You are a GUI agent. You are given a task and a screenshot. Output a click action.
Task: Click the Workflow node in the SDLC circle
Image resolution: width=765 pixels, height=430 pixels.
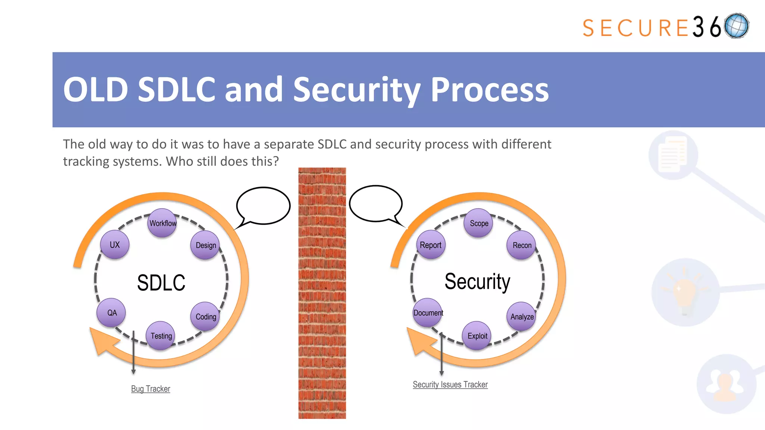pos(162,223)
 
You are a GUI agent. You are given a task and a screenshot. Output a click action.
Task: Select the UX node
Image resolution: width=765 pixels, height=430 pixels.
pos(115,245)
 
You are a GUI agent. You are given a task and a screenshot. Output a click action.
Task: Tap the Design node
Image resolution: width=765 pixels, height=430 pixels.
pos(205,245)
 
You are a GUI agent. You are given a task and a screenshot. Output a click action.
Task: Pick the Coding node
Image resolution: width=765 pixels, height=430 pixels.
pos(205,317)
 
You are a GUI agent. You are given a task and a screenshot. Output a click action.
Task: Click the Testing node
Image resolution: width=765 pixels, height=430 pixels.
pos(161,336)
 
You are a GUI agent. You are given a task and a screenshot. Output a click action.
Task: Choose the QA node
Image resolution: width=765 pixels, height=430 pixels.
pos(111,313)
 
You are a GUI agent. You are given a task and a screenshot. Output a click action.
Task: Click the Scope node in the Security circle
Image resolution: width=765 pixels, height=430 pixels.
pos(478,223)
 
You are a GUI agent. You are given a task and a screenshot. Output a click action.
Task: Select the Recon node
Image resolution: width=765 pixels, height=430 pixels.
pos(521,245)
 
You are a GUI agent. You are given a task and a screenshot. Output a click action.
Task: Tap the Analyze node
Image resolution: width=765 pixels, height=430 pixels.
pos(521,317)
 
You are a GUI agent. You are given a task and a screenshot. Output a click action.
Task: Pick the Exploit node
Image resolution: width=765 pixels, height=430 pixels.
pos(477,336)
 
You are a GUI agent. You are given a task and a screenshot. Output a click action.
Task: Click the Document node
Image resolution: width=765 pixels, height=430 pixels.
pos(428,313)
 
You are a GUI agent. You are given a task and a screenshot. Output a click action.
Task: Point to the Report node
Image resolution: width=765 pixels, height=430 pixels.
pos(431,245)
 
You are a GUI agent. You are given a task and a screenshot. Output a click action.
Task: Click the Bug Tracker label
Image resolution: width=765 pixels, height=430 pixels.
pos(151,389)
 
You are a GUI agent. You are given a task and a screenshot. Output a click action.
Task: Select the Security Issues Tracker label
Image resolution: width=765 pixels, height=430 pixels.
pos(450,384)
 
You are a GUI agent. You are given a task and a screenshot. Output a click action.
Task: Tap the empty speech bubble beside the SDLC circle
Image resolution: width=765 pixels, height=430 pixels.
pos(263,206)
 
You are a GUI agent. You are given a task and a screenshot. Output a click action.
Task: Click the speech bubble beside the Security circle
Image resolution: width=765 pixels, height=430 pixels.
pos(376,203)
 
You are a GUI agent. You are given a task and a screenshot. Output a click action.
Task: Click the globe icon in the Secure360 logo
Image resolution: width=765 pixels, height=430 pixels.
pos(736,26)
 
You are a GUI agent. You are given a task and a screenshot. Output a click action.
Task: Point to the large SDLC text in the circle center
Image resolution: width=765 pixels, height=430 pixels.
pos(161,283)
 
